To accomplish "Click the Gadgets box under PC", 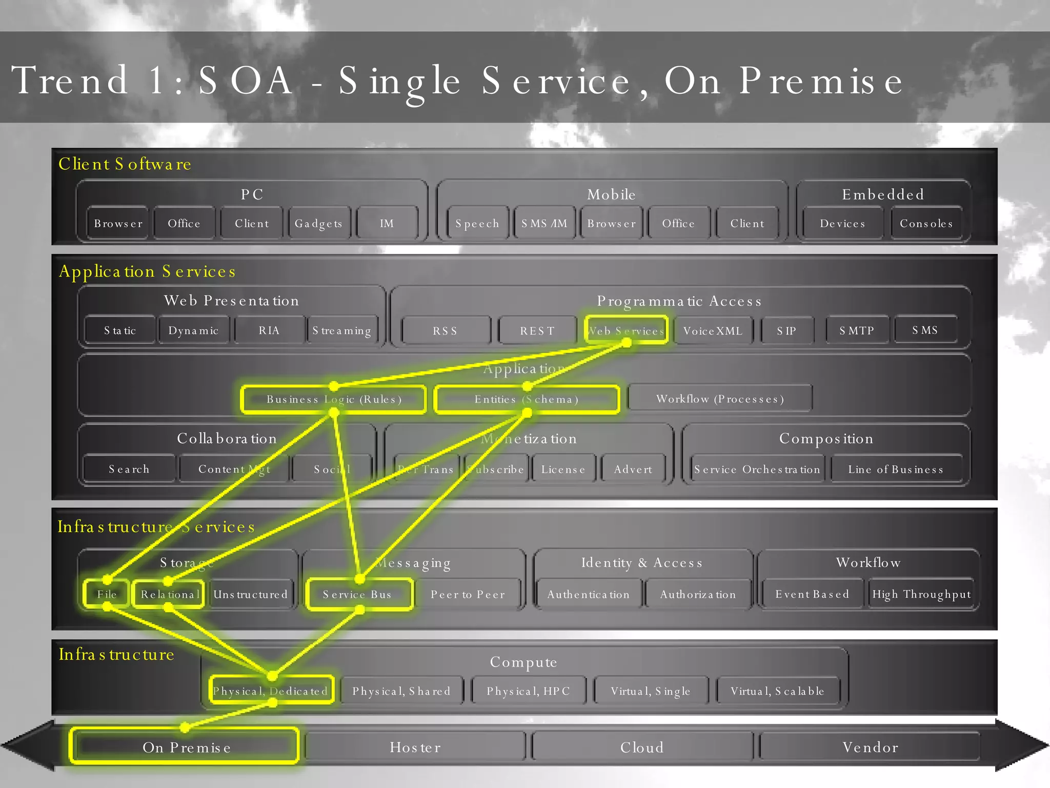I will tap(318, 223).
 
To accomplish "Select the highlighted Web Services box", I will tap(626, 330).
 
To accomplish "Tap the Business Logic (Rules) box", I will tap(334, 399).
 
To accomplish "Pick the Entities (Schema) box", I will tap(527, 399).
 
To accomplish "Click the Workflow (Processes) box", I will tap(720, 399).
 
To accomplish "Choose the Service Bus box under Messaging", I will tap(358, 594).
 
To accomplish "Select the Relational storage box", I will tap(169, 594).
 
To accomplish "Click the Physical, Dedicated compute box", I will tap(271, 691).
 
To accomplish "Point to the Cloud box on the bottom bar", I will tap(642, 747).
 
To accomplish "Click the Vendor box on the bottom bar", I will tap(870, 747).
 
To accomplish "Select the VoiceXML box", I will tap(713, 330).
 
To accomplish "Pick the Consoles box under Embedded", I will tap(926, 223).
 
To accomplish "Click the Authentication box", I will tap(588, 594).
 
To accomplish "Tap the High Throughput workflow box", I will tap(921, 594).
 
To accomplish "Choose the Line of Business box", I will tap(896, 469).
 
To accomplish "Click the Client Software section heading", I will tap(125, 164).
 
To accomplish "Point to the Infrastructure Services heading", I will tap(156, 526).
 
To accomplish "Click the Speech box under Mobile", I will tap(477, 223).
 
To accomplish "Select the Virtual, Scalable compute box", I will tap(777, 691).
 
